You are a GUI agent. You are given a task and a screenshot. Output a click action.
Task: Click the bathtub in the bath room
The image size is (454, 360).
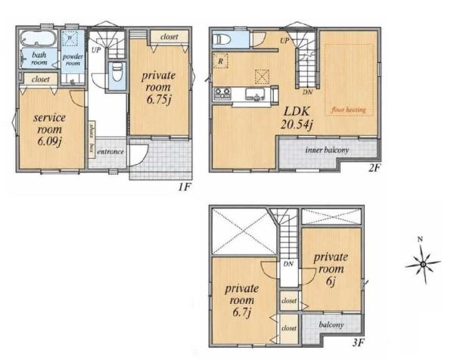click(x=39, y=39)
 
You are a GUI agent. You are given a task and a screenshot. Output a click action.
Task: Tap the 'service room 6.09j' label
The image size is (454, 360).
click(x=49, y=129)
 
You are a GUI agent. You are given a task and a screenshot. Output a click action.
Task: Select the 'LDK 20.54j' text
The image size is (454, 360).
click(x=297, y=118)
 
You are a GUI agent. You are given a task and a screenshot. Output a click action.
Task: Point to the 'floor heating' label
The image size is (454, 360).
click(x=349, y=110)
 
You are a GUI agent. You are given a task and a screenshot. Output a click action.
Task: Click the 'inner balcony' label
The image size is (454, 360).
click(x=327, y=150)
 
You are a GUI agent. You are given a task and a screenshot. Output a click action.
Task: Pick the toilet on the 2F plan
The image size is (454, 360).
click(x=222, y=39)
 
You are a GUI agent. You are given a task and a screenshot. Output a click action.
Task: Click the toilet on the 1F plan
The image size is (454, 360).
click(x=117, y=73)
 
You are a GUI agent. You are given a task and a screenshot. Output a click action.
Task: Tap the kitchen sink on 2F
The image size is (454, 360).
click(x=255, y=94)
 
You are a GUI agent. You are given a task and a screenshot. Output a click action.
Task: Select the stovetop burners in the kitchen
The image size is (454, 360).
click(x=222, y=94)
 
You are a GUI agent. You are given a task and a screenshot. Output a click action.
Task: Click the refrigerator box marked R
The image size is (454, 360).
click(x=220, y=61)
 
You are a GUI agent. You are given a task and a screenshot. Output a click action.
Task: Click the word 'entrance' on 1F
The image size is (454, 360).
click(x=110, y=152)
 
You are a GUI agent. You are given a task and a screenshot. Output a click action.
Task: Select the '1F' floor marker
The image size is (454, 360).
click(x=184, y=187)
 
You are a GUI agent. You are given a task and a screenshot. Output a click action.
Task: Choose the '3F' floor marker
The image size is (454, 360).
click(x=358, y=343)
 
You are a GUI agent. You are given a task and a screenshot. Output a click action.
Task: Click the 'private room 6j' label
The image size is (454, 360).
click(x=331, y=268)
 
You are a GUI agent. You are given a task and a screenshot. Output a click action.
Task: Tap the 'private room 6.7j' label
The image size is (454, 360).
click(x=242, y=300)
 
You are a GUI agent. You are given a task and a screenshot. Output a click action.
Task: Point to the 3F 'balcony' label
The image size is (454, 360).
click(x=331, y=324)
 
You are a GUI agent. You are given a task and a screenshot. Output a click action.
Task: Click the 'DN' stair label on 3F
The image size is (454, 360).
click(x=288, y=264)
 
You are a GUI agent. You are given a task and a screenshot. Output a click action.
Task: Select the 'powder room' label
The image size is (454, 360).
click(x=73, y=60)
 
